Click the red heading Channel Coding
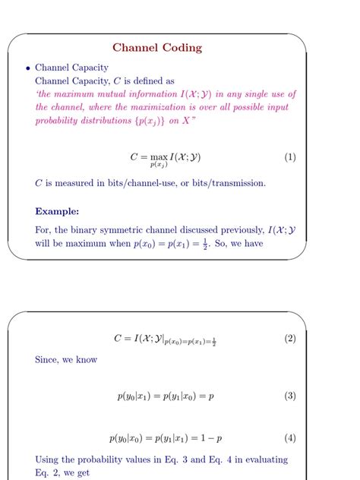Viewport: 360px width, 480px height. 157,48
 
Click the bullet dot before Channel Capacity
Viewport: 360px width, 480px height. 27,68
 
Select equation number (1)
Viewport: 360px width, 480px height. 289,157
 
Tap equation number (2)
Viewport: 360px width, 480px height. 289,339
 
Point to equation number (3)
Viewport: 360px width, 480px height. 289,396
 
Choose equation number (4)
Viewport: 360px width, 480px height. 289,438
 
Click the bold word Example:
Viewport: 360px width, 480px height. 57,211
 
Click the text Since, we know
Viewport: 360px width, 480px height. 66,359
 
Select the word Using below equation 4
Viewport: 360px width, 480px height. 49,459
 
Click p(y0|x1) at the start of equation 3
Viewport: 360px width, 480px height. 134,396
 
